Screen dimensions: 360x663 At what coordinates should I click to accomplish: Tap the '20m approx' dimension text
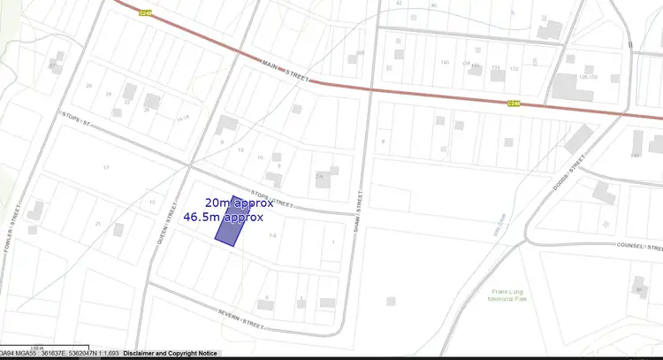234,202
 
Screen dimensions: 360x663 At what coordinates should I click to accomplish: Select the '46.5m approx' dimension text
223,216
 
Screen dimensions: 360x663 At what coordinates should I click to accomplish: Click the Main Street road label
286,70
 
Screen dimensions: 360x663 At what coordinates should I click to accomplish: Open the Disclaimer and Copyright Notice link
170,353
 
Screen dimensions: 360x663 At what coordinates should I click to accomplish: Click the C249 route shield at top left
147,11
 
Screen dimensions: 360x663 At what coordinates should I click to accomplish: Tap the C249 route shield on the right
514,103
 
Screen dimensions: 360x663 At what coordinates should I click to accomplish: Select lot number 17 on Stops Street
106,167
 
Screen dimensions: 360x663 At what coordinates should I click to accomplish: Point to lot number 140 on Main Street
445,63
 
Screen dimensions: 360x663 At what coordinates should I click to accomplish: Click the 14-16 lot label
183,117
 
